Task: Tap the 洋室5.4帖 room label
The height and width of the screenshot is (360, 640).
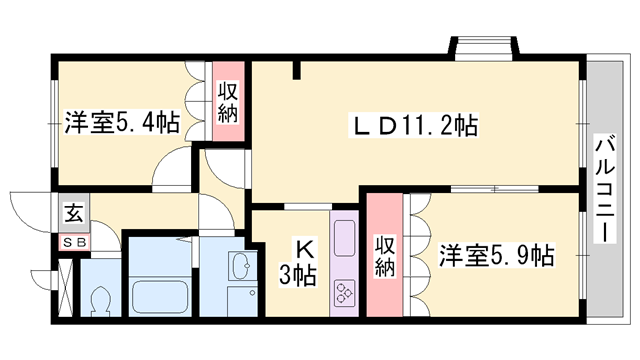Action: pos(123,123)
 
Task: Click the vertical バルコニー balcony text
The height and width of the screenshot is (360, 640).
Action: pos(603,187)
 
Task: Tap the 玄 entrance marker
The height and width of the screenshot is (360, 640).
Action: pos(75,212)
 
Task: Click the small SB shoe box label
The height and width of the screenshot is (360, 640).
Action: pos(75,243)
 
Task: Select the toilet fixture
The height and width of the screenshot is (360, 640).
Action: pos(100,298)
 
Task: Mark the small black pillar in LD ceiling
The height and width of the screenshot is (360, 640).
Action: pos(297,70)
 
